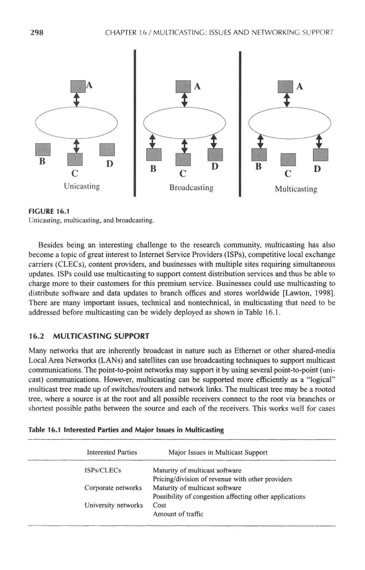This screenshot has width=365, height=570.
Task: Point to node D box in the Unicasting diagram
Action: click(107, 150)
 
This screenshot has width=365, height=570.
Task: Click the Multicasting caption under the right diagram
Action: click(296, 189)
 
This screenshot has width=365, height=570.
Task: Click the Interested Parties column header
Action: click(112, 452)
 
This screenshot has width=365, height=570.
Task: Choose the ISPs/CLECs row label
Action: click(103, 470)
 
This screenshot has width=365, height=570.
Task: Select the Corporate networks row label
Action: click(113, 488)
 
